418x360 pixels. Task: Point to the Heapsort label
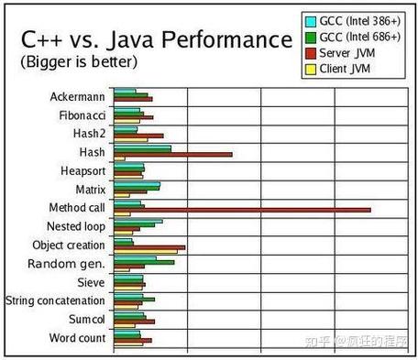pos(81,171)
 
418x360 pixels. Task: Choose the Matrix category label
pos(90,190)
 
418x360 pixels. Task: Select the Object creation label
pos(69,245)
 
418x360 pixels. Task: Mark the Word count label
pos(77,339)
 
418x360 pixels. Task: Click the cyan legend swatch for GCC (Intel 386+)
pos(310,20)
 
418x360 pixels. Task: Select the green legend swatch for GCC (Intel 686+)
pos(310,37)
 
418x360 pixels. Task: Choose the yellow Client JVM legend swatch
pos(310,69)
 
